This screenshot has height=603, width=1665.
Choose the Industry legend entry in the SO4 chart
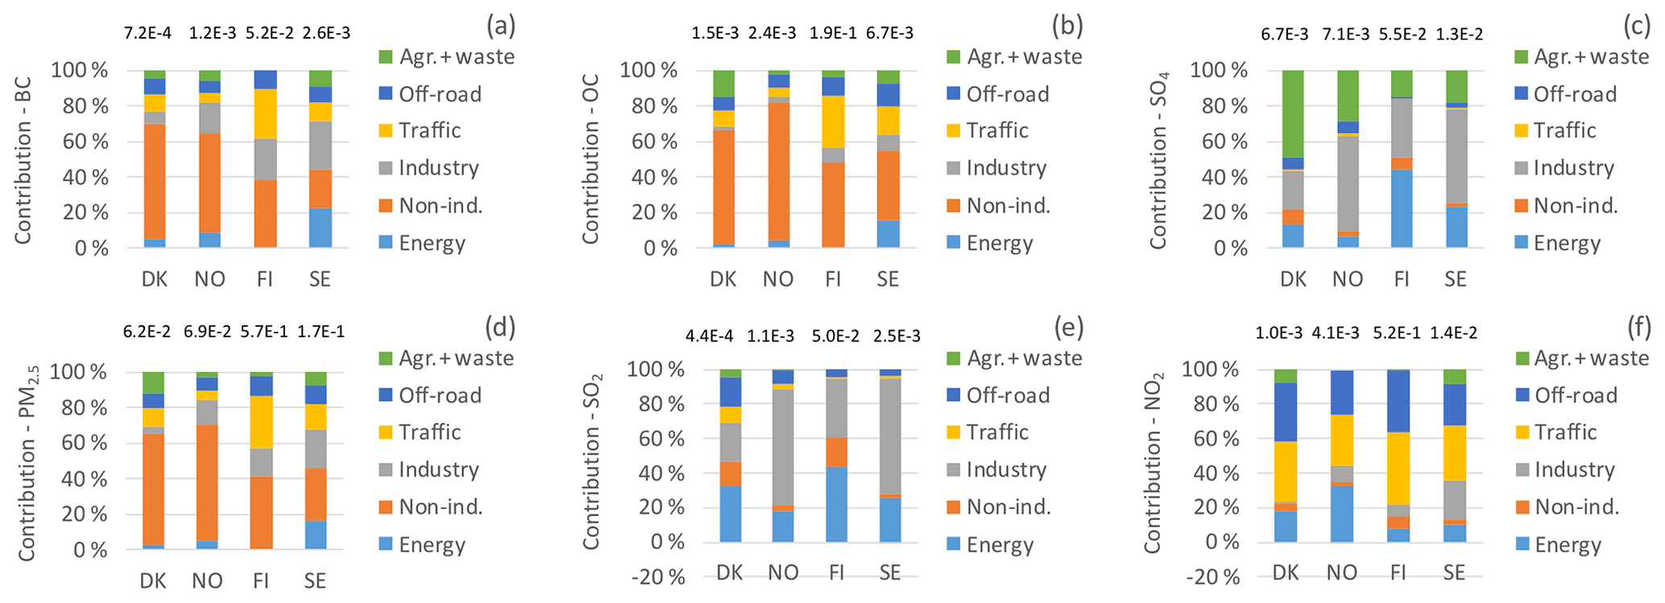[x=1573, y=168]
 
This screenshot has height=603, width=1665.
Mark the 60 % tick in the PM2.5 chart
[x=78, y=444]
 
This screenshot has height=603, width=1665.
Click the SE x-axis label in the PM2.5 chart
[x=315, y=581]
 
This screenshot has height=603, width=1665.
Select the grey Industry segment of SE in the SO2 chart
[x=889, y=436]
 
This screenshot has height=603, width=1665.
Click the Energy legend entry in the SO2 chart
[x=1000, y=545]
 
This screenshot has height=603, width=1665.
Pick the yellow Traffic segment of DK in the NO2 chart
[x=1286, y=471]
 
